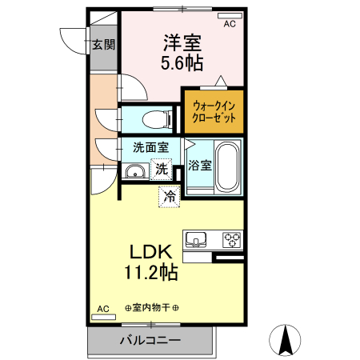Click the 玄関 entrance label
pyautogui.click(x=102, y=44)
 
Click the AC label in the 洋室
pyautogui.click(x=229, y=25)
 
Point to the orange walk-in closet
pyautogui.click(x=214, y=111)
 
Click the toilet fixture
pyautogui.click(x=156, y=119)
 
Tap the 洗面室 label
pyautogui.click(x=150, y=147)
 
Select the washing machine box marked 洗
pyautogui.click(x=162, y=169)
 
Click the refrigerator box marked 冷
pyautogui.click(x=169, y=194)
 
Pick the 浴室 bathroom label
pyautogui.click(x=200, y=166)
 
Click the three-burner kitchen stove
pyautogui.click(x=231, y=238)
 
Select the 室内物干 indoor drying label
pyautogui.click(x=152, y=308)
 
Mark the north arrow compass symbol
pyautogui.click(x=286, y=341)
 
